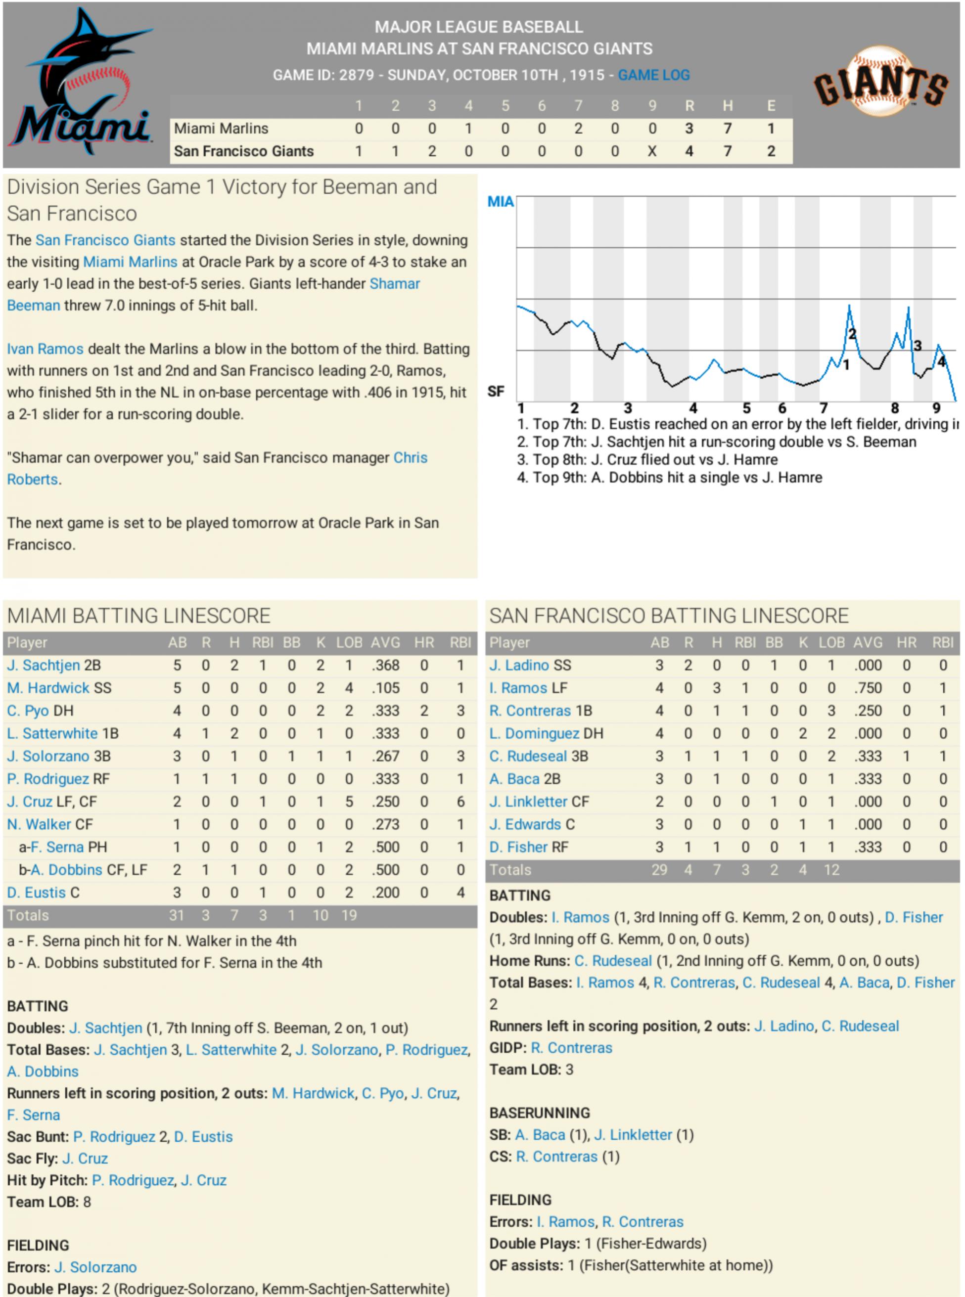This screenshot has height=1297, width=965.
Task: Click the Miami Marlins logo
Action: [82, 85]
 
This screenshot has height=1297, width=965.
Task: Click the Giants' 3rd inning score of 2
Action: [432, 151]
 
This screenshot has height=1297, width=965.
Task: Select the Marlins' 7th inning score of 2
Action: [578, 129]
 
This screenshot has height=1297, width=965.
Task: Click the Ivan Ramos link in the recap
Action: [45, 349]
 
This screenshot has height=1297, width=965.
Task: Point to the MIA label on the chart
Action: [500, 202]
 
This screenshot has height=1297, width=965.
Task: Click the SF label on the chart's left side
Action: [495, 391]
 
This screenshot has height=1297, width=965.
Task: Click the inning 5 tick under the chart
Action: [746, 408]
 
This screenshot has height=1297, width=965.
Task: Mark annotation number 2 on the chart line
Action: [852, 334]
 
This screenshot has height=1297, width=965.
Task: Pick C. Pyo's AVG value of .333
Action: [385, 711]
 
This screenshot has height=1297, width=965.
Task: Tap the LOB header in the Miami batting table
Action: [349, 643]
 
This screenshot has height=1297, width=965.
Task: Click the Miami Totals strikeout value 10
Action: [320, 915]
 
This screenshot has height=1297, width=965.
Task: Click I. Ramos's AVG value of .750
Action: [868, 688]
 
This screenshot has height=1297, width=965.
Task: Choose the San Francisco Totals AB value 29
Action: [659, 870]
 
